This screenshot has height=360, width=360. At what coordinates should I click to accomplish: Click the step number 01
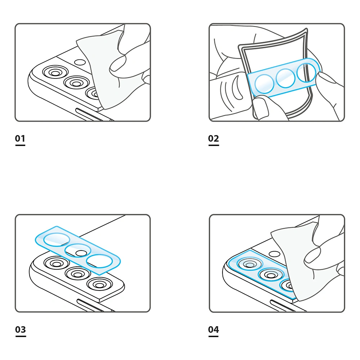click(x=20, y=138)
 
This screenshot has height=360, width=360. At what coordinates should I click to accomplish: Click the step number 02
click(x=213, y=138)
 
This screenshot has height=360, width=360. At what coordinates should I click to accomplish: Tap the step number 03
click(x=21, y=329)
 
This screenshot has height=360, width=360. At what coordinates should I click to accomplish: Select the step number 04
click(x=213, y=329)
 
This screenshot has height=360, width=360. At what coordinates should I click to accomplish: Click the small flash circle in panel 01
click(x=80, y=62)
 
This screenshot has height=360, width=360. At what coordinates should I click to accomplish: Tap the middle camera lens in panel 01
click(x=76, y=83)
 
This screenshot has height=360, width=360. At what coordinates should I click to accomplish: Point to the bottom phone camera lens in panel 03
click(x=99, y=284)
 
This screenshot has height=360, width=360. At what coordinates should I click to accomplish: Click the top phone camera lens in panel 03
click(x=57, y=263)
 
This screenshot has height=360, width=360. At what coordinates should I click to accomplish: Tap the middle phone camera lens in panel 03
click(x=78, y=274)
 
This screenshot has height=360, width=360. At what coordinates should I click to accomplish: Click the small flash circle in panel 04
click(x=274, y=254)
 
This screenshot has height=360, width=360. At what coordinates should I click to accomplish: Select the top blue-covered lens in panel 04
click(x=250, y=264)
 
